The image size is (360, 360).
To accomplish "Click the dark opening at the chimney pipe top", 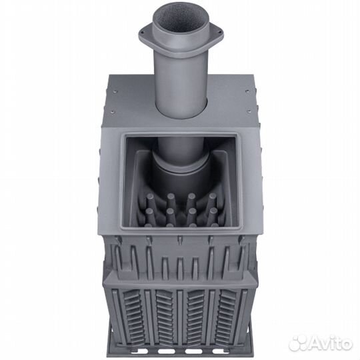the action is tap(181, 22).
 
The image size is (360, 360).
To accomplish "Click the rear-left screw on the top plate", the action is tap(115, 91).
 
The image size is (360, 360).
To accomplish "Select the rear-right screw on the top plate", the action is tap(247, 91).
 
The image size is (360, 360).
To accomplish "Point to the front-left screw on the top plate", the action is tap(112, 112).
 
